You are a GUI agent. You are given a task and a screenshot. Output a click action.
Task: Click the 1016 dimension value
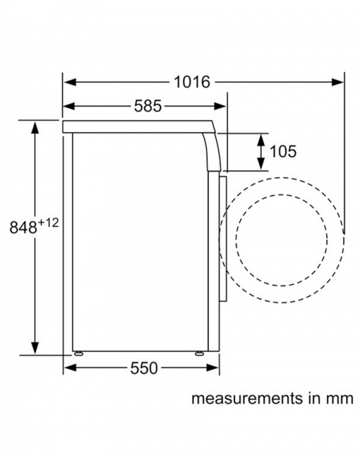(192, 82)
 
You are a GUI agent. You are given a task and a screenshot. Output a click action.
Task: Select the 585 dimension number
(148, 106)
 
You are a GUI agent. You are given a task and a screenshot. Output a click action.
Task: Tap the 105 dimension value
(283, 151)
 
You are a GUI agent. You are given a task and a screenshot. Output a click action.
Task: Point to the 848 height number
(23, 228)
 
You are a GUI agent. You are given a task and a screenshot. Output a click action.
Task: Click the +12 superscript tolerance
(49, 223)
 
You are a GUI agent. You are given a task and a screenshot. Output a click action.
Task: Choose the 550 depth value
(144, 368)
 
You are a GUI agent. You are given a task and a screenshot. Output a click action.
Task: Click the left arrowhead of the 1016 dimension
(70, 82)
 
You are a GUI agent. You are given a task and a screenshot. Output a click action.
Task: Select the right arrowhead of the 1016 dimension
(337, 82)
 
